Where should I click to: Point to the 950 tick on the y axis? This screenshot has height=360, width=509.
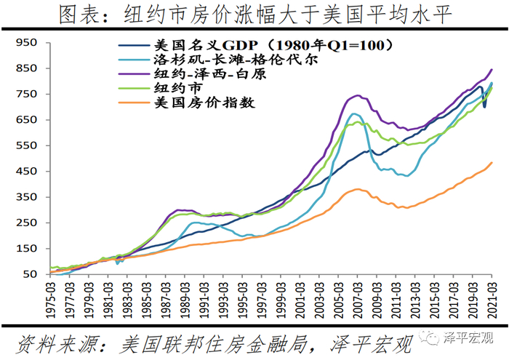tap(26, 43)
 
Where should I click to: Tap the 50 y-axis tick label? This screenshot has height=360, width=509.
tap(30, 274)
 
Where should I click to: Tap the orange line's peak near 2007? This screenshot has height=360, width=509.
tap(357, 189)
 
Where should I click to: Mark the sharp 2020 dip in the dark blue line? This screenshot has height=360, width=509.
tap(484, 106)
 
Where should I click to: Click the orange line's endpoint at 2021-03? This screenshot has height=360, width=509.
tap(492, 163)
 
